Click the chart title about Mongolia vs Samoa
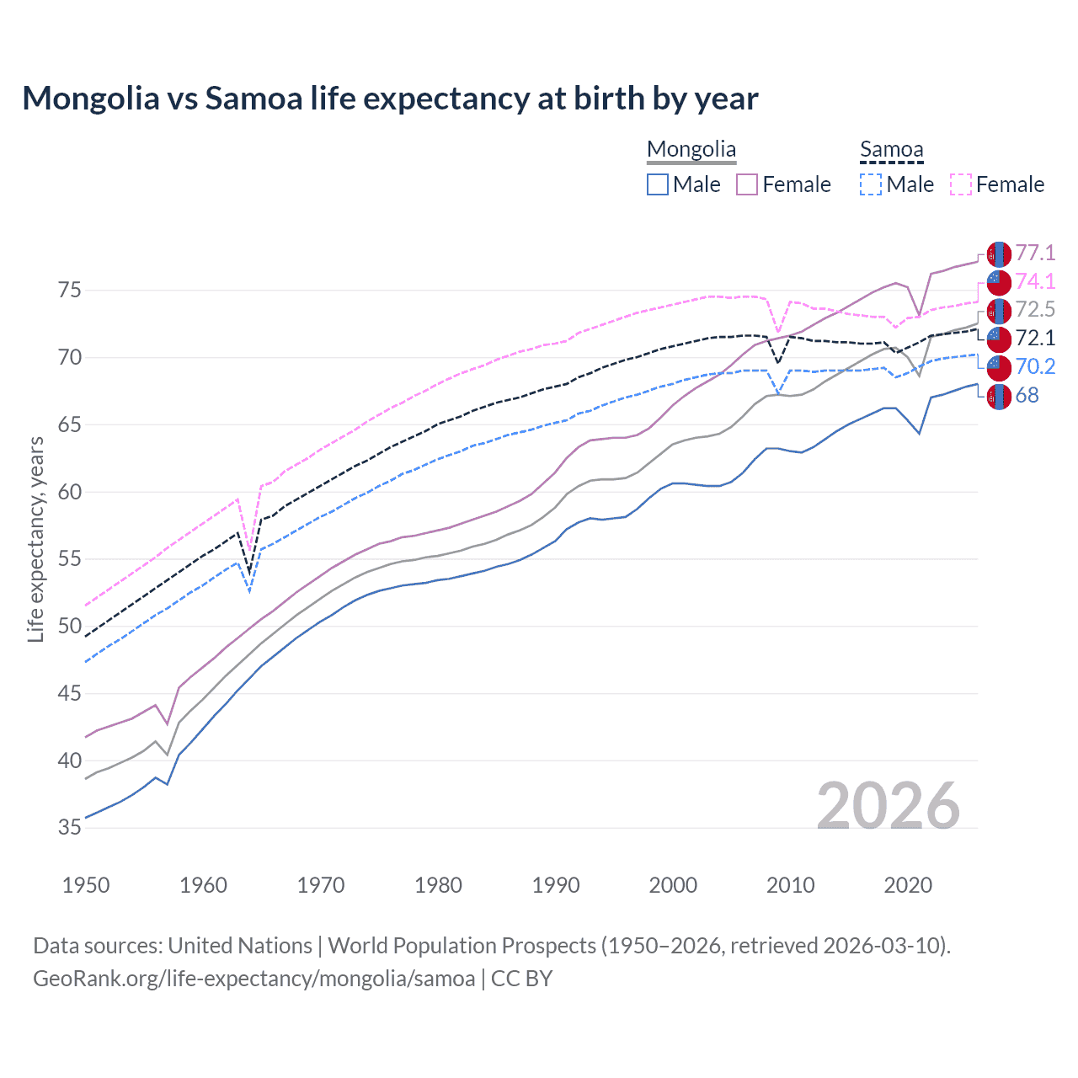pyautogui.click(x=390, y=99)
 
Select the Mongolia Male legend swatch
pyautogui.click(x=658, y=184)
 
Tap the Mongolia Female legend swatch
pyautogui.click(x=747, y=184)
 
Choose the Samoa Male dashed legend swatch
pyautogui.click(x=871, y=184)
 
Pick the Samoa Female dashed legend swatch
pyautogui.click(x=961, y=184)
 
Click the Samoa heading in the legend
pyautogui.click(x=891, y=150)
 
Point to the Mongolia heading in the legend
pyautogui.click(x=691, y=150)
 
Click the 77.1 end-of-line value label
pyautogui.click(x=1035, y=253)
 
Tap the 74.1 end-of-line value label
pyautogui.click(x=1035, y=281)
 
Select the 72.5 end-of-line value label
pyautogui.click(x=1035, y=309)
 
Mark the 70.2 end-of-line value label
pyautogui.click(x=1035, y=366)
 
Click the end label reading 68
pyautogui.click(x=1027, y=395)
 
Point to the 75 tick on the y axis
pyautogui.click(x=70, y=291)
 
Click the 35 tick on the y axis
pyautogui.click(x=70, y=828)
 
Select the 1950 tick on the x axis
pyautogui.click(x=86, y=885)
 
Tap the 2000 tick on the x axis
pyautogui.click(x=673, y=885)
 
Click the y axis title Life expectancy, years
pyautogui.click(x=35, y=539)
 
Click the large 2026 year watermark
pyautogui.click(x=889, y=806)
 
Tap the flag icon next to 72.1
pyautogui.click(x=999, y=339)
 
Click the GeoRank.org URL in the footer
pyautogui.click(x=253, y=978)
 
